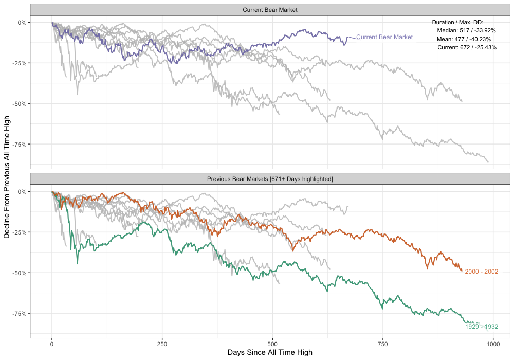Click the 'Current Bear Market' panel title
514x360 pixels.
point(270,10)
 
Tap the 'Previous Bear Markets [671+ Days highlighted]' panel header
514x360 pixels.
point(270,179)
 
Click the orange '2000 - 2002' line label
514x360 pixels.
point(482,272)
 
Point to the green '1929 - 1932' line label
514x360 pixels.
point(482,327)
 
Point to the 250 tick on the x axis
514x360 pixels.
point(162,344)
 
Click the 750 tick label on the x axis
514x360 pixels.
point(383,344)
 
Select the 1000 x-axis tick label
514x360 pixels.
point(493,344)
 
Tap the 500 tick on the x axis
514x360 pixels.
point(272,344)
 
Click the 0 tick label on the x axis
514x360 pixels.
point(52,344)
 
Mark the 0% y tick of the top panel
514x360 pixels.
point(22,23)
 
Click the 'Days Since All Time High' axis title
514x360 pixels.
point(270,353)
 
